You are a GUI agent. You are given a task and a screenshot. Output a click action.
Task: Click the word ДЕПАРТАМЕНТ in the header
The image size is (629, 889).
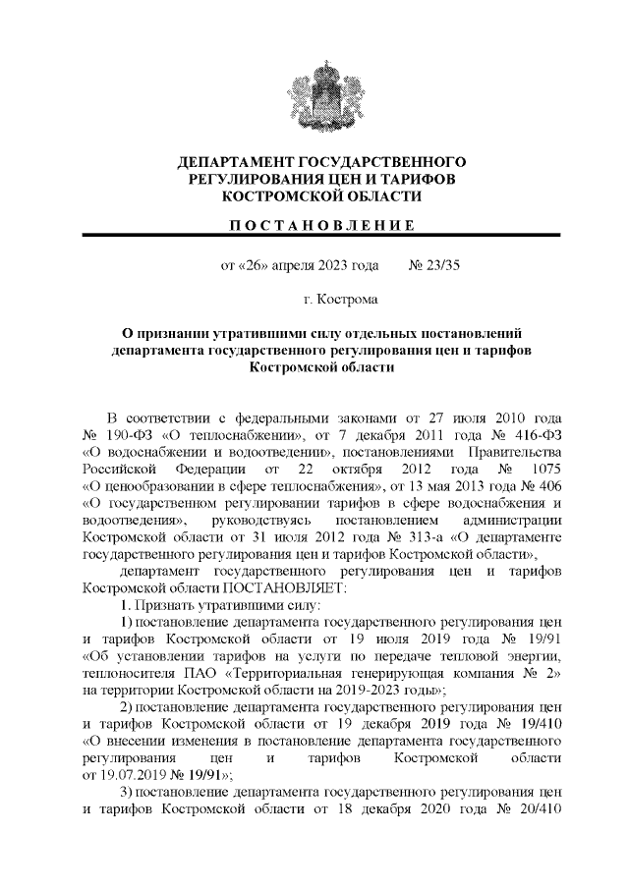click(233, 161)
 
